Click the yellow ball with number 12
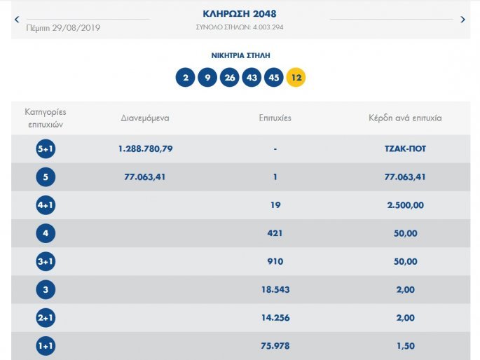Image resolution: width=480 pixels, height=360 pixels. coord(296,77)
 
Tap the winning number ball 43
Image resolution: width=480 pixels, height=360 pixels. coord(252,77)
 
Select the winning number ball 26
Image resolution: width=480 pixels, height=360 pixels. coord(229,77)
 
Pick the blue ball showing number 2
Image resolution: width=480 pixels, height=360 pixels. coord(185,77)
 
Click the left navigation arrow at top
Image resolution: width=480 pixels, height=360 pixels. coord(17,20)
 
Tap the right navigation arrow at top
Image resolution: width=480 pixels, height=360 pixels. coord(462,20)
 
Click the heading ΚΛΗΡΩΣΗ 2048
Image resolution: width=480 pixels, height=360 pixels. coord(240,14)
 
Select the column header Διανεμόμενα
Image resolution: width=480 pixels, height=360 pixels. coord(145,118)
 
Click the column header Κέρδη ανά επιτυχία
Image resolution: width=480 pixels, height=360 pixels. coord(405,118)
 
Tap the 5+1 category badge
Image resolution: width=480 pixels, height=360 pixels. coord(46,149)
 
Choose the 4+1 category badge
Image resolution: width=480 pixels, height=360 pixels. coord(46,205)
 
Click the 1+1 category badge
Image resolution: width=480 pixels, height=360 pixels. coord(46,345)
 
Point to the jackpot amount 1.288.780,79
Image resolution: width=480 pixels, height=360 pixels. coord(146,149)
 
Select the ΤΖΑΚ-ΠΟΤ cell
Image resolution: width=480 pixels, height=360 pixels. coord(405,149)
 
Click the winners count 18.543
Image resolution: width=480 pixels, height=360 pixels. coord(275,289)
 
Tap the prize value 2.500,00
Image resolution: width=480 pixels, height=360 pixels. coord(405,205)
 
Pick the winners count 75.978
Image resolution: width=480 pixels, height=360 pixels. coord(275,345)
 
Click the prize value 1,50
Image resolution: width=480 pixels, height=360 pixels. coord(405,345)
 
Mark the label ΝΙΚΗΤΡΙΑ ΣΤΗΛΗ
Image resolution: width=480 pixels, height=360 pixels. coord(240,55)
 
